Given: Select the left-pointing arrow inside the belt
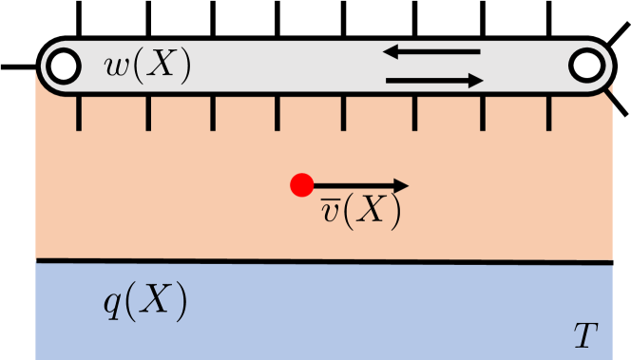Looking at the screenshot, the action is [x=432, y=51].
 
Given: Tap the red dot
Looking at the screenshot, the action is [x=301, y=185].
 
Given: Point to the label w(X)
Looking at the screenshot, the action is [x=148, y=66].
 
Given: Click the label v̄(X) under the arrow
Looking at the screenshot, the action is [x=360, y=211].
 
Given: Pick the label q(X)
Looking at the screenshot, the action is [x=144, y=304].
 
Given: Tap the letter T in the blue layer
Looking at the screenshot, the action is [x=586, y=333].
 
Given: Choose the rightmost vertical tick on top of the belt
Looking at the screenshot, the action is [x=550, y=20].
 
